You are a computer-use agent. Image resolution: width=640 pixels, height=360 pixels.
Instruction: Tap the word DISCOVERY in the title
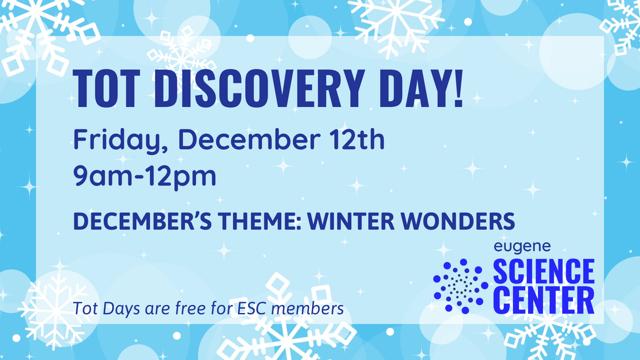click(259, 88)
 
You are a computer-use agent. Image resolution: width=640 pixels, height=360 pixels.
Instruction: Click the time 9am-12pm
click(145, 177)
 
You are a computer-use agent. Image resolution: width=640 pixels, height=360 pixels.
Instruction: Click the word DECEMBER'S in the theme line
click(142, 221)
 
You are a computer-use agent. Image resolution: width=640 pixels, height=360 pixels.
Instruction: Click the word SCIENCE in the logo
click(544, 272)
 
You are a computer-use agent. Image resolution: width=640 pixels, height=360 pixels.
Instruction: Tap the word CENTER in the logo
click(544, 301)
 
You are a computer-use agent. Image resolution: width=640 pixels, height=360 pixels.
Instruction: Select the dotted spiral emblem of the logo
click(461, 286)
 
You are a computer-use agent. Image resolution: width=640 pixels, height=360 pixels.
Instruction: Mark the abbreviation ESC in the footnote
click(252, 308)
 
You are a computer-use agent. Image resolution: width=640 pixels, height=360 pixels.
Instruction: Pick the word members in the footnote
click(308, 308)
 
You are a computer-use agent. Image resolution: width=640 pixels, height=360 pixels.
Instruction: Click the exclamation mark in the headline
click(459, 88)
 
